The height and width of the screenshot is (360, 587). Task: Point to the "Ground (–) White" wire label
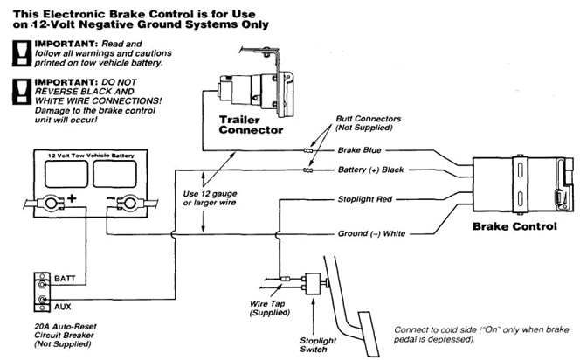click(x=371, y=234)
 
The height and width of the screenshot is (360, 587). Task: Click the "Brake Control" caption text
click(x=514, y=226)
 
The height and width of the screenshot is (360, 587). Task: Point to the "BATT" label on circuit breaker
click(x=66, y=278)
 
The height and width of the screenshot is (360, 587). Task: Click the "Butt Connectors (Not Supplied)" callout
click(x=363, y=124)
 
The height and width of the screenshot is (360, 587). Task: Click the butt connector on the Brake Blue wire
click(x=308, y=150)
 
